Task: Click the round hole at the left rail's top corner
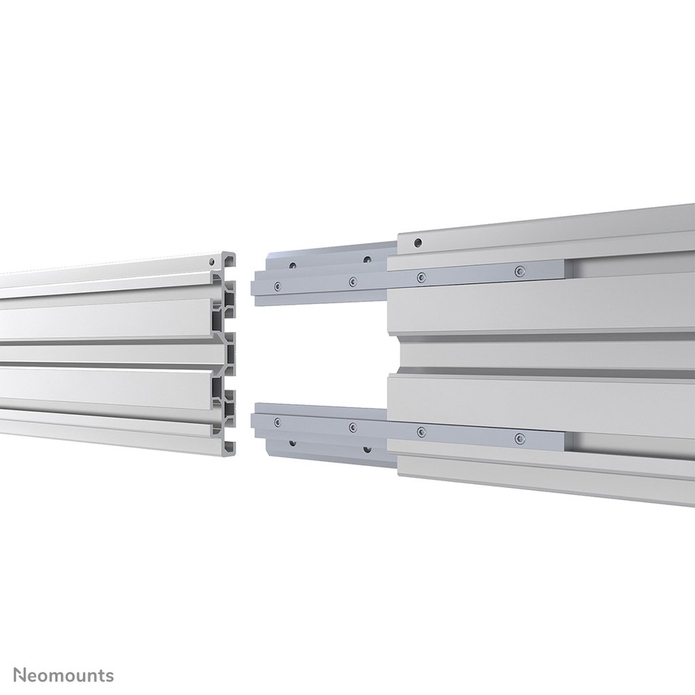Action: (212, 261)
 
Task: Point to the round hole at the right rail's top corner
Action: (417, 242)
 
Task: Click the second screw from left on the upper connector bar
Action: (352, 282)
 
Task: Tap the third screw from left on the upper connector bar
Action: (421, 277)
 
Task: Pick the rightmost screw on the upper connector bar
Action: (520, 271)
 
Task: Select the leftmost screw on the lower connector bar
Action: (277, 421)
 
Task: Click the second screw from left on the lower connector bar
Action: (352, 426)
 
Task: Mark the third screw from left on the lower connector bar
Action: (421, 431)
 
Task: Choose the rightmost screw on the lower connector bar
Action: (520, 437)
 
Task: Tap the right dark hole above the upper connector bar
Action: (367, 259)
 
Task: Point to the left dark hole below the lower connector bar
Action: (292, 443)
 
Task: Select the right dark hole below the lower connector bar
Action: (367, 449)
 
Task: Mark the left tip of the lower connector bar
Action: (254, 417)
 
